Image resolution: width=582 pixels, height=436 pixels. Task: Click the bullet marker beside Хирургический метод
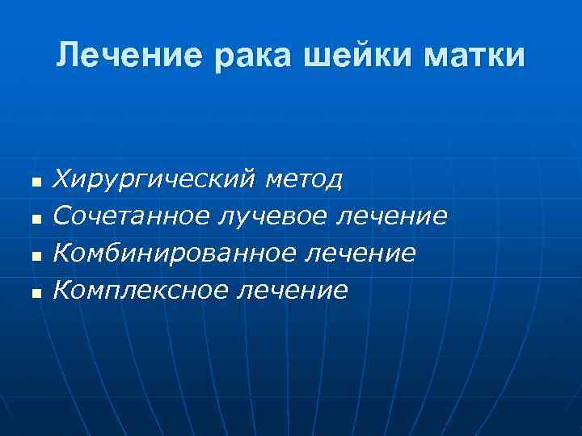pos(35,183)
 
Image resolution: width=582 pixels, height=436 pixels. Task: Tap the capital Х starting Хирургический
pos(62,178)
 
